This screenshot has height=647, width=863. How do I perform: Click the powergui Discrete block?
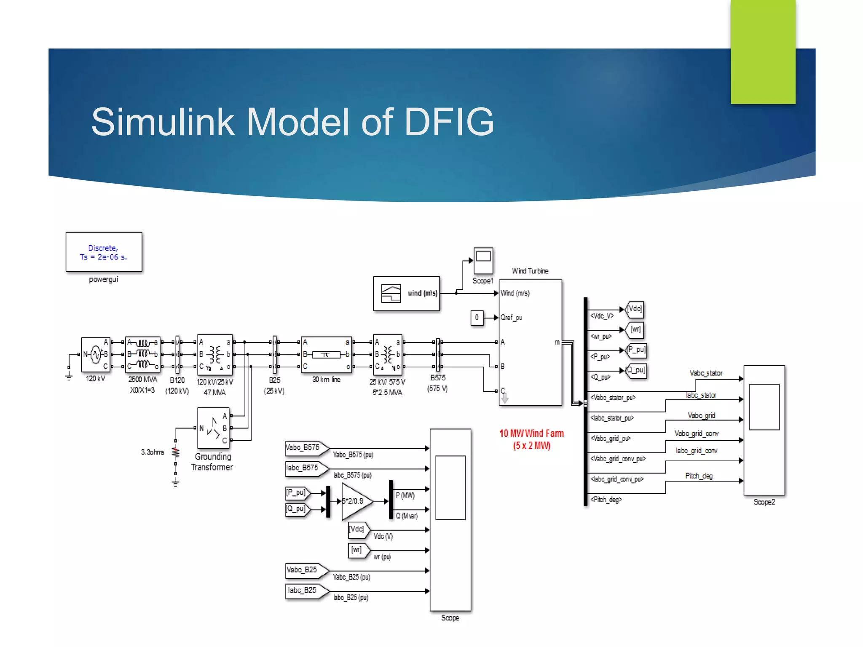[x=104, y=252]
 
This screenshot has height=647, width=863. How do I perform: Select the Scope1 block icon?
[x=483, y=261]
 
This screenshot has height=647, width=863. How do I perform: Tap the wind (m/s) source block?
[x=406, y=294]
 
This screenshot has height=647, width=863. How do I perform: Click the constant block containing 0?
[x=477, y=318]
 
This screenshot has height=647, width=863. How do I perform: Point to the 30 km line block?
[x=326, y=355]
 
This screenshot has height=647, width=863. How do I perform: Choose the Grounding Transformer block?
[x=214, y=428]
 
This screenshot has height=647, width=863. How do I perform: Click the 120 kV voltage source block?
[x=96, y=355]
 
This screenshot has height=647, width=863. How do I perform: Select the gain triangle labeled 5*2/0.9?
[x=356, y=501]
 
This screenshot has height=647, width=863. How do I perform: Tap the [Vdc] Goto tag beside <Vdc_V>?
[x=635, y=309]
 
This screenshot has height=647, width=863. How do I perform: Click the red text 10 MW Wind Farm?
[x=531, y=433]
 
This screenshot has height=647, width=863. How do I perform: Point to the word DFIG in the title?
[x=449, y=122]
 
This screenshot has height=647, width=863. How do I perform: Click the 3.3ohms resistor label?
[x=153, y=452]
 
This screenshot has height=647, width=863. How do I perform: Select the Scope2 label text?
[x=764, y=502]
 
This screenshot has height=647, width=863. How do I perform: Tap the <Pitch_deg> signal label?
[x=606, y=500]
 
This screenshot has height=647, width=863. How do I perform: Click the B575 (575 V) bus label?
[x=438, y=383]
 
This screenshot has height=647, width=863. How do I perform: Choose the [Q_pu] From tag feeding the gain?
[x=297, y=509]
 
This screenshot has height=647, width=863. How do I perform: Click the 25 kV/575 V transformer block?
[x=388, y=355]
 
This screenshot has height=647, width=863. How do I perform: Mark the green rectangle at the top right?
[x=763, y=51]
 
